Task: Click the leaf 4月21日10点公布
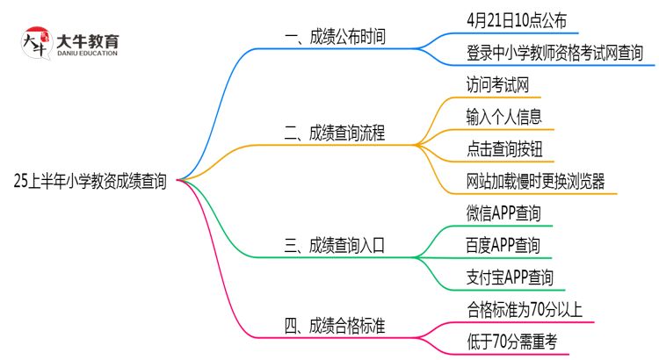(518, 20)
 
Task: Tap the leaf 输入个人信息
(504, 117)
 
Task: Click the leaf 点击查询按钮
(504, 149)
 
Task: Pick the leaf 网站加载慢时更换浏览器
(536, 182)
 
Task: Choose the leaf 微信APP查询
(503, 213)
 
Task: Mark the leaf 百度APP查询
(503, 246)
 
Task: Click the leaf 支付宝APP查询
(510, 278)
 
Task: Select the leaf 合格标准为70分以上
(525, 310)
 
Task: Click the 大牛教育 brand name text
(88, 40)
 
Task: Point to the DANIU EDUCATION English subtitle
(88, 54)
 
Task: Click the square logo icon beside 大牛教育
(35, 44)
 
